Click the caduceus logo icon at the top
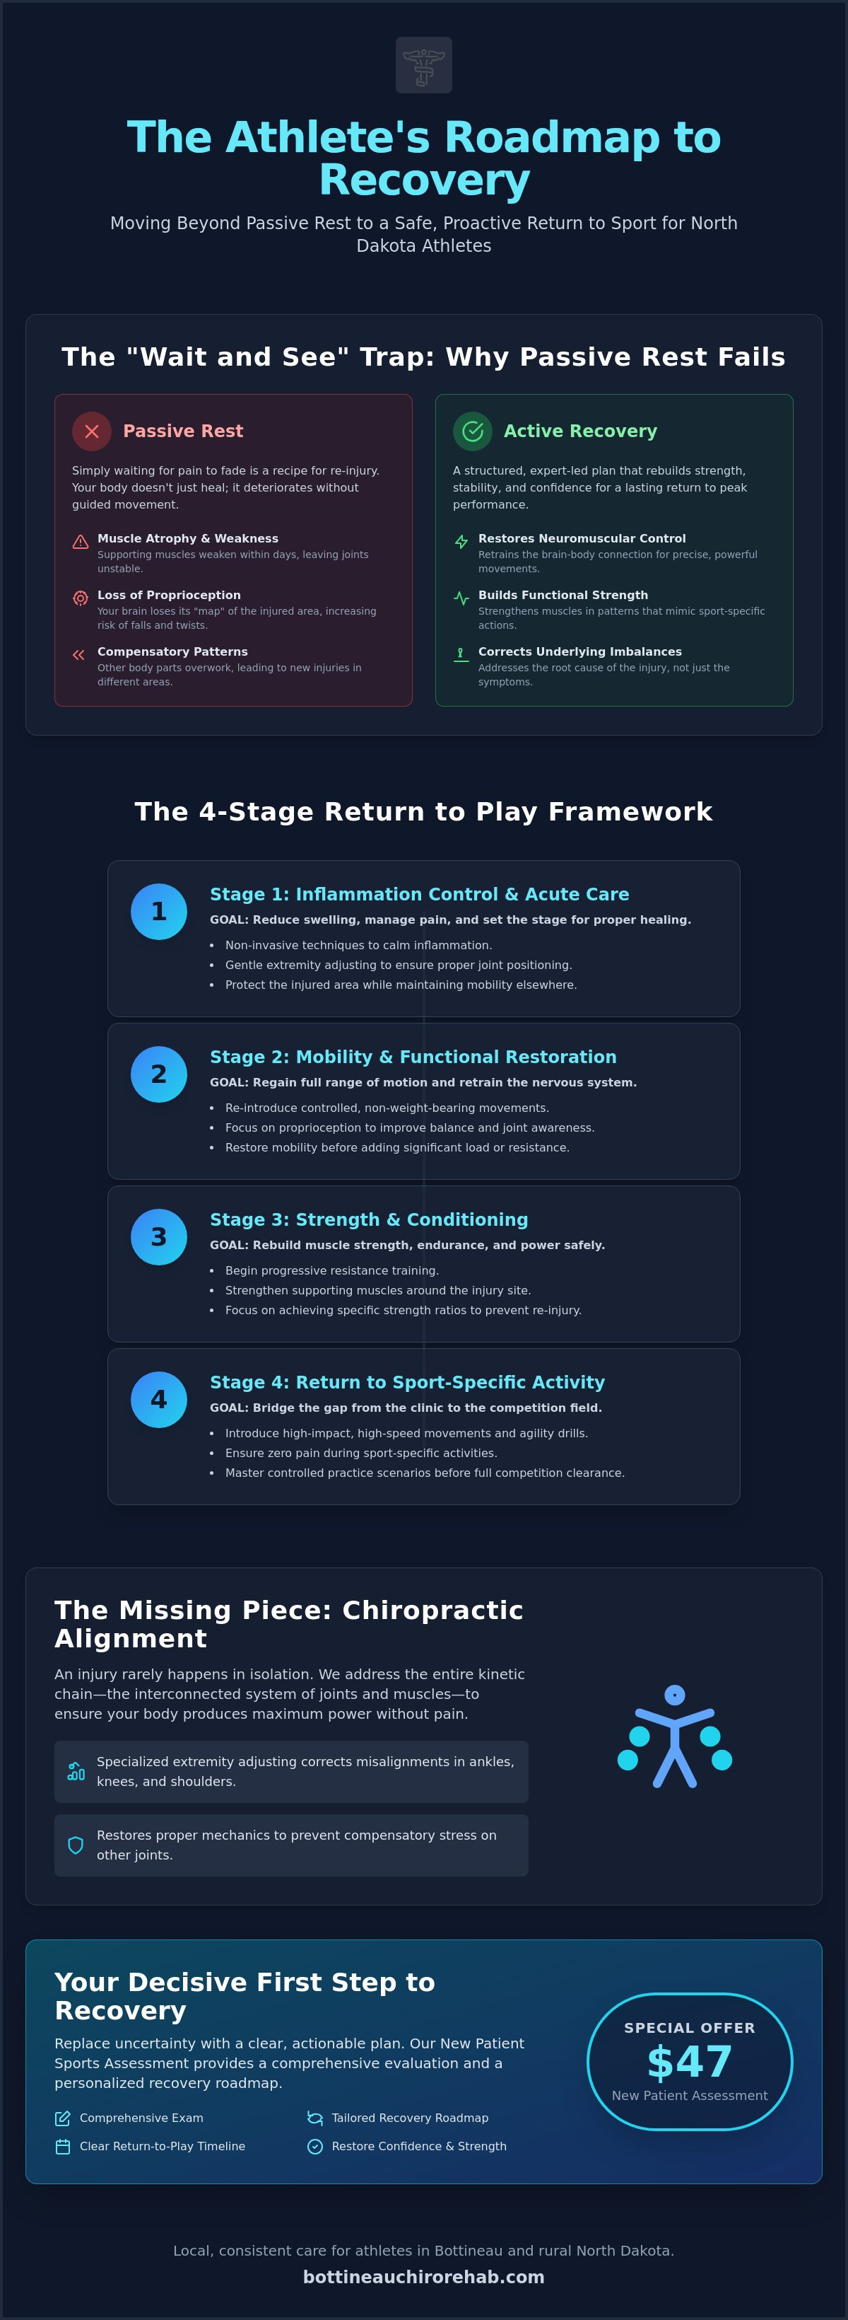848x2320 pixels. (x=424, y=65)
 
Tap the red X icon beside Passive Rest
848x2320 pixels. (x=92, y=431)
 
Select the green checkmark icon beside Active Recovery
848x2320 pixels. (x=473, y=431)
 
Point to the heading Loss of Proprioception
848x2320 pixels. (x=169, y=596)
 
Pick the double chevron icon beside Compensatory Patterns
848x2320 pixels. (x=79, y=655)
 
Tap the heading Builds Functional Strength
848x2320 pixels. (x=563, y=596)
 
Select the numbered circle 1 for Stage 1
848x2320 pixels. (x=158, y=912)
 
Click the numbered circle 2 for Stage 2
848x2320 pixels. (x=158, y=1074)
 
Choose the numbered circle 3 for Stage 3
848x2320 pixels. (x=158, y=1238)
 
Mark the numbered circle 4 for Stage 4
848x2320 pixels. (x=158, y=1400)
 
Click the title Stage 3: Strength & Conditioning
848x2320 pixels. (x=369, y=1219)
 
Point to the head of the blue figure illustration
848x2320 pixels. (x=674, y=1695)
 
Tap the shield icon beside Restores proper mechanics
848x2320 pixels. (x=76, y=1845)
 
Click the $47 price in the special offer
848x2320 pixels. (x=690, y=2062)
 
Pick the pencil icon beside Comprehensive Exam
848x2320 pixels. (x=63, y=2118)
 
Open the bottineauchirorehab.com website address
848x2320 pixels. (x=424, y=2277)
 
